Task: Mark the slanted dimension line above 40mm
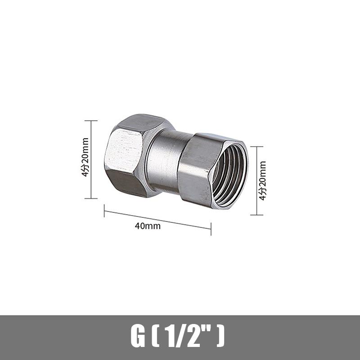pyautogui.click(x=157, y=220)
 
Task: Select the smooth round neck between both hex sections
pyautogui.click(x=164, y=157)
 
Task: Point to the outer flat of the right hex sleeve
pyautogui.click(x=193, y=169)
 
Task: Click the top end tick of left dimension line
pyautogui.click(x=91, y=121)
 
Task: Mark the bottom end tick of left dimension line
pyautogui.click(x=91, y=198)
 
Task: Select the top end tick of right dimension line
pyautogui.click(x=256, y=146)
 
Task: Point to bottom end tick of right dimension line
pyautogui.click(x=256, y=215)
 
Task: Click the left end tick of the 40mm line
pyautogui.click(x=104, y=211)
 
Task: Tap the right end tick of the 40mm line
pyautogui.click(x=211, y=229)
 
